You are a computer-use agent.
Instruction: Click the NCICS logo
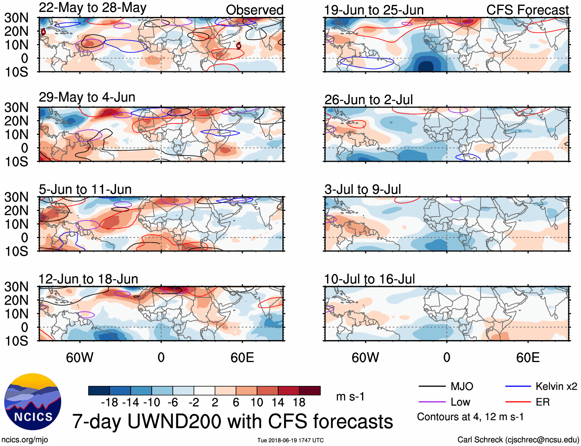(33, 402)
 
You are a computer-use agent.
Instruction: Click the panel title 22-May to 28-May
(92, 8)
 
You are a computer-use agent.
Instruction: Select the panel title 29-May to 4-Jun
(87, 97)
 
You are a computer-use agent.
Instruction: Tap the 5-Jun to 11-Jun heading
(85, 189)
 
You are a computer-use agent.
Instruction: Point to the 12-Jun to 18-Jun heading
(88, 279)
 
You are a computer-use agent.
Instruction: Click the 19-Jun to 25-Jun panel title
(374, 10)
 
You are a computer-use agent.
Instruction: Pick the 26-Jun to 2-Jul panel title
(368, 100)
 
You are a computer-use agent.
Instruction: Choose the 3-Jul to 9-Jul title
(362, 189)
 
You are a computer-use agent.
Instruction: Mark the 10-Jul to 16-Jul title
(369, 279)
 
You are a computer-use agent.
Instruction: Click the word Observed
(254, 10)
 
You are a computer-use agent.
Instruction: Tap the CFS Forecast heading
(527, 10)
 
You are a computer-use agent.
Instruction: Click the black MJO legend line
(432, 386)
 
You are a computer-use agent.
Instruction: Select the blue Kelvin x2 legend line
(518, 386)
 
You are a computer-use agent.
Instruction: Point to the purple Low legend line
(432, 402)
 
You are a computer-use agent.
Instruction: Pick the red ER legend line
(518, 402)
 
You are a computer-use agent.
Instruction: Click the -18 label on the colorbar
(110, 402)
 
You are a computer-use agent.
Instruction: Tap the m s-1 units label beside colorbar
(350, 396)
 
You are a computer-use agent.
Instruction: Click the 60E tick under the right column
(528, 357)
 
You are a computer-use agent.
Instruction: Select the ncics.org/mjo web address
(25, 440)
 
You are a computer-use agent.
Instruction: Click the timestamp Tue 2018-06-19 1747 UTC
(290, 440)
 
